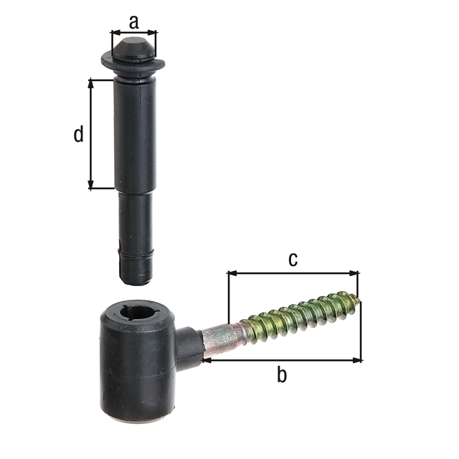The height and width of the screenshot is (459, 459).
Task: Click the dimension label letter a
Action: [134, 22]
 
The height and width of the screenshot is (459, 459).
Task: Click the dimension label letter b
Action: [282, 375]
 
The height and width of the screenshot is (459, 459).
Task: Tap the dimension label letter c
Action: [293, 259]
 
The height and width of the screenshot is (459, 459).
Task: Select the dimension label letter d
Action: [79, 134]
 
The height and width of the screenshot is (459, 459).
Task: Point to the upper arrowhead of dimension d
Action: [91, 82]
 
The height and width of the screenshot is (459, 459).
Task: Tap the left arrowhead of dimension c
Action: [231, 273]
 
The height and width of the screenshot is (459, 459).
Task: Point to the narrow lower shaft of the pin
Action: [135, 219]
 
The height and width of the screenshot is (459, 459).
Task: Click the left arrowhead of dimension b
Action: [206, 360]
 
